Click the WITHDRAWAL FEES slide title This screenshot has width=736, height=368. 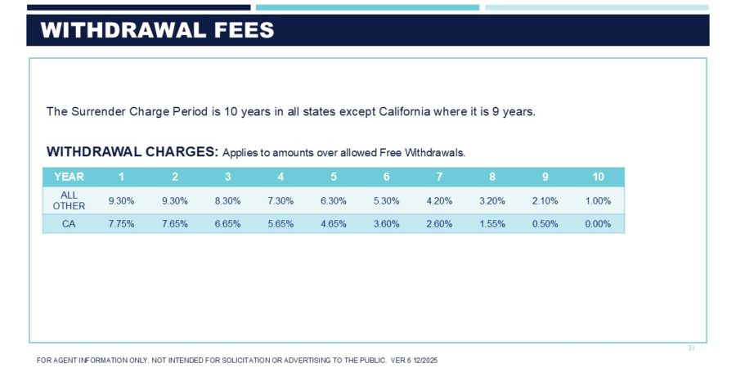click(157, 31)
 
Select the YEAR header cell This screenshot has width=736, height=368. click(69, 177)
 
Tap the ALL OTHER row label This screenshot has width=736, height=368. click(69, 200)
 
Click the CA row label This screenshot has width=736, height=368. click(69, 224)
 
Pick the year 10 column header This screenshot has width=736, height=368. click(598, 177)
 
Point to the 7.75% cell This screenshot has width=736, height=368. click(121, 224)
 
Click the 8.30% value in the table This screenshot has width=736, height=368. click(227, 200)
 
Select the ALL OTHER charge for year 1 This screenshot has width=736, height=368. click(121, 200)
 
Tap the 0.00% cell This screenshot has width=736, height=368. click(598, 224)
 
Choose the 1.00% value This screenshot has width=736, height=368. click(598, 200)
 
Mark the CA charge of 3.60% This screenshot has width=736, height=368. click(386, 224)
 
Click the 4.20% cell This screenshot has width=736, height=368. click(439, 200)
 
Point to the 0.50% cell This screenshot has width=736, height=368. click(545, 224)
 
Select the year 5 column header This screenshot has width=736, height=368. click(334, 177)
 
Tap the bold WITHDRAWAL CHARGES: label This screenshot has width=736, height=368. click(132, 152)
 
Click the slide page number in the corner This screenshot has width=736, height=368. click(691, 348)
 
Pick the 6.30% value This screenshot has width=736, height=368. click(334, 200)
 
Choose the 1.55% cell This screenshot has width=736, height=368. click(492, 224)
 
